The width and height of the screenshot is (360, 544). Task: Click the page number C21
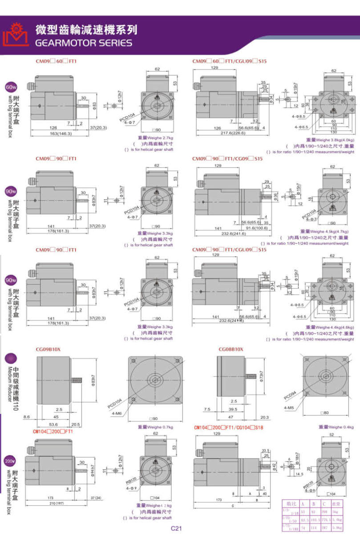coord(177,529)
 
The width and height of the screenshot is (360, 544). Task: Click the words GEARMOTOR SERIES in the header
coord(84,43)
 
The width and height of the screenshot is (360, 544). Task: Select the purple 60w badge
coord(11,86)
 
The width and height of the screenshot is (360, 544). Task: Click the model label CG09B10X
coord(48,349)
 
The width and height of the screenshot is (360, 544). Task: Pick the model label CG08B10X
coord(231,349)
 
